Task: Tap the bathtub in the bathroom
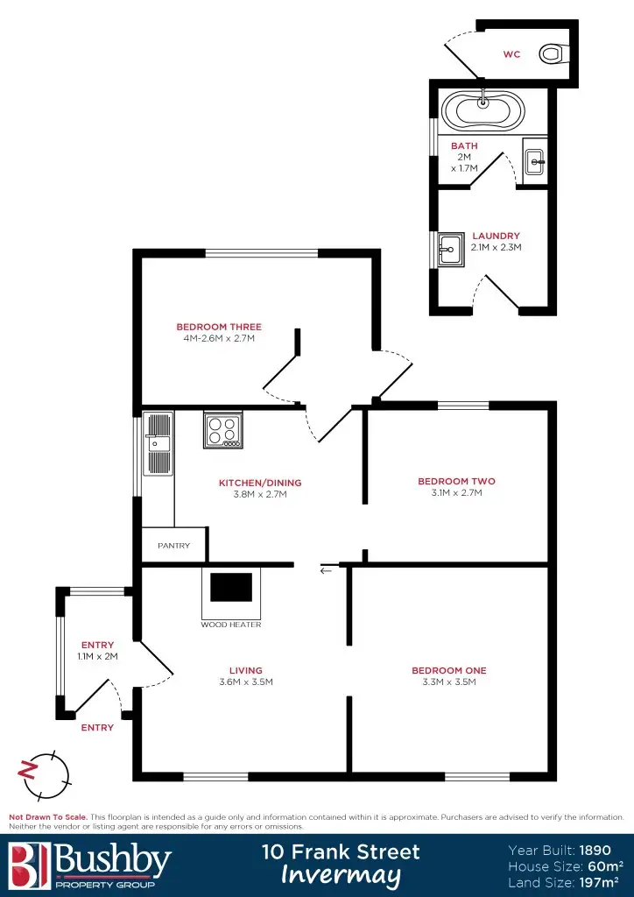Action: (x=483, y=111)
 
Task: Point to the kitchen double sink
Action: (x=159, y=443)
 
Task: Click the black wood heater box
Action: (x=231, y=587)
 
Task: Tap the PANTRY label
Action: (x=174, y=546)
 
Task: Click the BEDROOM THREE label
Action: (x=218, y=327)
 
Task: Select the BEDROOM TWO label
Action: (x=456, y=481)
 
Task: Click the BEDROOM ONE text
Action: (x=448, y=670)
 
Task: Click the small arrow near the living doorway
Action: (x=327, y=570)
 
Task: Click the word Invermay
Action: (x=341, y=875)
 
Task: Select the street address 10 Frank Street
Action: (x=341, y=851)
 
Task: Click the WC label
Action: (x=511, y=54)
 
